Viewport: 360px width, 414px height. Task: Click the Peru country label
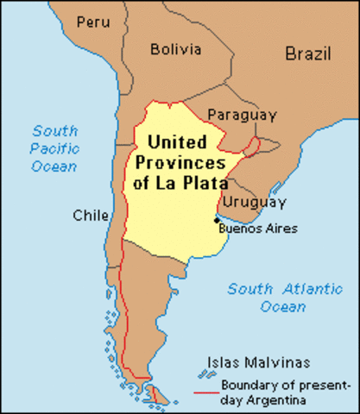(x=93, y=21)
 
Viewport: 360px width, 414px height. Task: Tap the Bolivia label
(x=175, y=49)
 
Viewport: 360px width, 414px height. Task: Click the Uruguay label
(x=254, y=203)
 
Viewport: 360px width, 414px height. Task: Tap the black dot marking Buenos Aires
(x=215, y=220)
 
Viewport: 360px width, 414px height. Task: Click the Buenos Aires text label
(x=258, y=229)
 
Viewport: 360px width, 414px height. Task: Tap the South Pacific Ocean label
(x=55, y=147)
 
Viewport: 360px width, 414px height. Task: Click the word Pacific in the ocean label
(x=55, y=147)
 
